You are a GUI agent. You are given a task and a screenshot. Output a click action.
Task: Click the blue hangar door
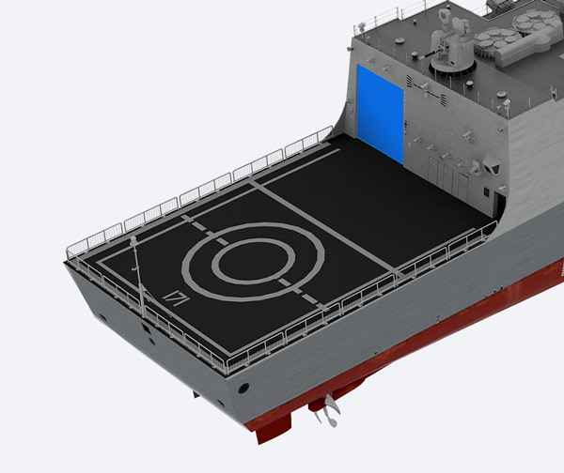(x=380, y=114)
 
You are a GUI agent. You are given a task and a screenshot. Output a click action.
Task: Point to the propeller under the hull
(x=328, y=410)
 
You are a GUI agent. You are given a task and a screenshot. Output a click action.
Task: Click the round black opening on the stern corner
(x=243, y=388)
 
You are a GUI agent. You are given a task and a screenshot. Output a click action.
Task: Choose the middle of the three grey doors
(x=447, y=178)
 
